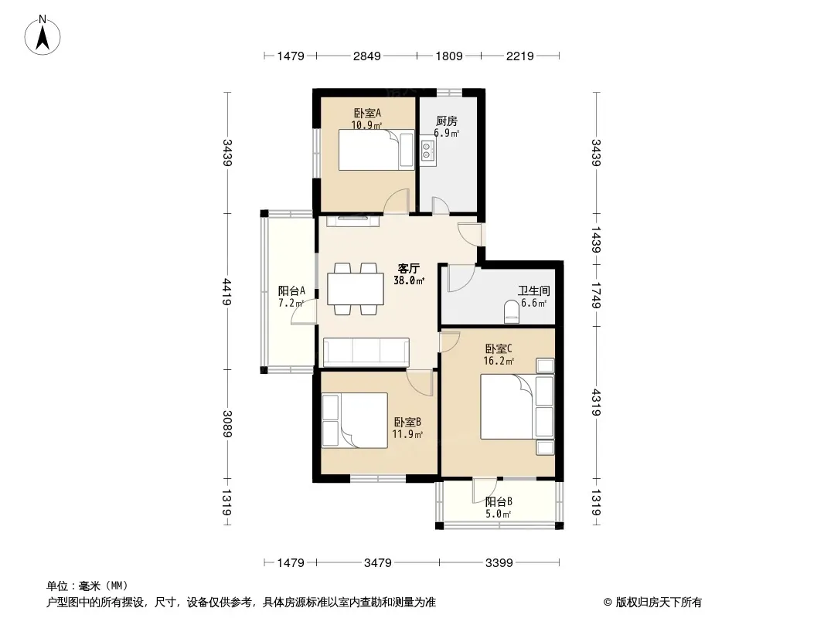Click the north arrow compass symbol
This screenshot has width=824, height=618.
[43, 36]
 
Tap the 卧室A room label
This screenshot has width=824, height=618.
[367, 113]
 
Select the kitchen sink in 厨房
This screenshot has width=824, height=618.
[427, 151]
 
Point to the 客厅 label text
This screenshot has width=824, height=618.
[408, 268]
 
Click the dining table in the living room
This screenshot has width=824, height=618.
[356, 289]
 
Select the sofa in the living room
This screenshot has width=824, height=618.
[366, 351]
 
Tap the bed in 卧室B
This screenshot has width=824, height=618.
[355, 420]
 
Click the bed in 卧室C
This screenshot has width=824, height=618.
[517, 406]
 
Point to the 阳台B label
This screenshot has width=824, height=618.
[498, 501]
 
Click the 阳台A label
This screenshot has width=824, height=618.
[291, 290]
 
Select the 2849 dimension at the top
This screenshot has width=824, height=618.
[367, 56]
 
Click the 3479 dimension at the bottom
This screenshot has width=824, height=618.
[378, 563]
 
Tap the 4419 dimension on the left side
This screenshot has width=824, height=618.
[227, 292]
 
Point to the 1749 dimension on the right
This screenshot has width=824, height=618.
[596, 296]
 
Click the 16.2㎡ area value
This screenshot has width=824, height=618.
[499, 361]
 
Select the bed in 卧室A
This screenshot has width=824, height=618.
[376, 150]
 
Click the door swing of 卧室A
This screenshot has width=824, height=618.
[397, 202]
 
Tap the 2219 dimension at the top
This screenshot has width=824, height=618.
[519, 56]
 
